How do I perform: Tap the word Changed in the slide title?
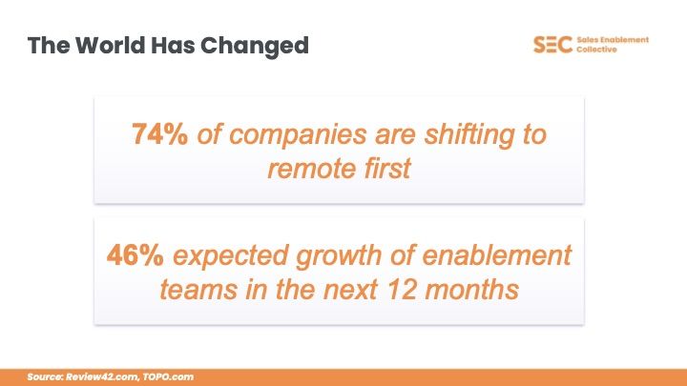[x=263, y=45]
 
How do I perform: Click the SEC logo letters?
[x=552, y=45]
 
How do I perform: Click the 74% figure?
[x=160, y=134]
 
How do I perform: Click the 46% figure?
[x=140, y=255]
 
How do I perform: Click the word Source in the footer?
[x=45, y=377]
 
